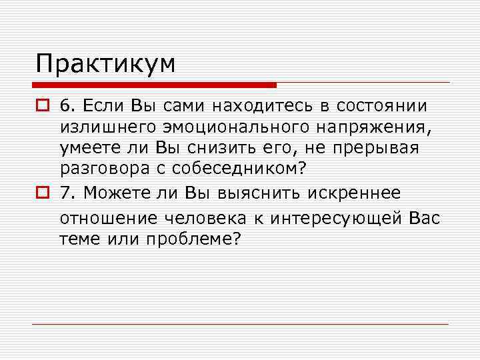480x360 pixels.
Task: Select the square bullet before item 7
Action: tap(43, 193)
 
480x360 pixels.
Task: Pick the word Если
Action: tap(101, 106)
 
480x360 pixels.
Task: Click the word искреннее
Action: tap(355, 193)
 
